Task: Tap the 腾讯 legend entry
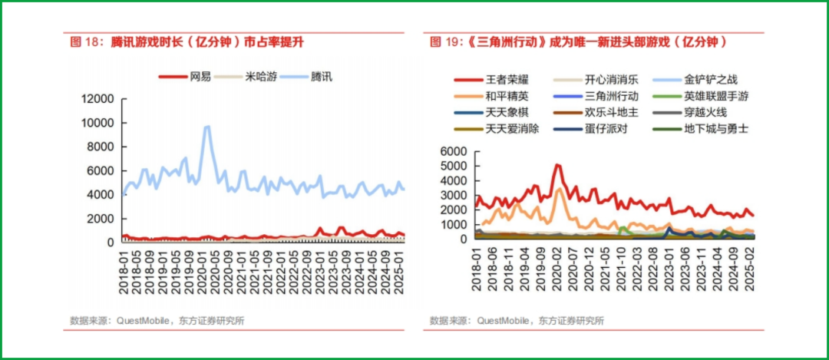[306, 77]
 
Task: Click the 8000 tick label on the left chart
[101, 147]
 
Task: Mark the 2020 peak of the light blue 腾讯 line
[206, 127]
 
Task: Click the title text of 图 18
[187, 43]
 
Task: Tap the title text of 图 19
[578, 43]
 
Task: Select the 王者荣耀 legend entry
[491, 81]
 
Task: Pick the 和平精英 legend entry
[491, 97]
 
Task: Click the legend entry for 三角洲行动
[596, 97]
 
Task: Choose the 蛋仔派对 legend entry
[590, 129]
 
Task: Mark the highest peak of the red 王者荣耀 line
[557, 165]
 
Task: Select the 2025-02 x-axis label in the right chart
[749, 267]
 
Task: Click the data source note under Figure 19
[517, 320]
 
